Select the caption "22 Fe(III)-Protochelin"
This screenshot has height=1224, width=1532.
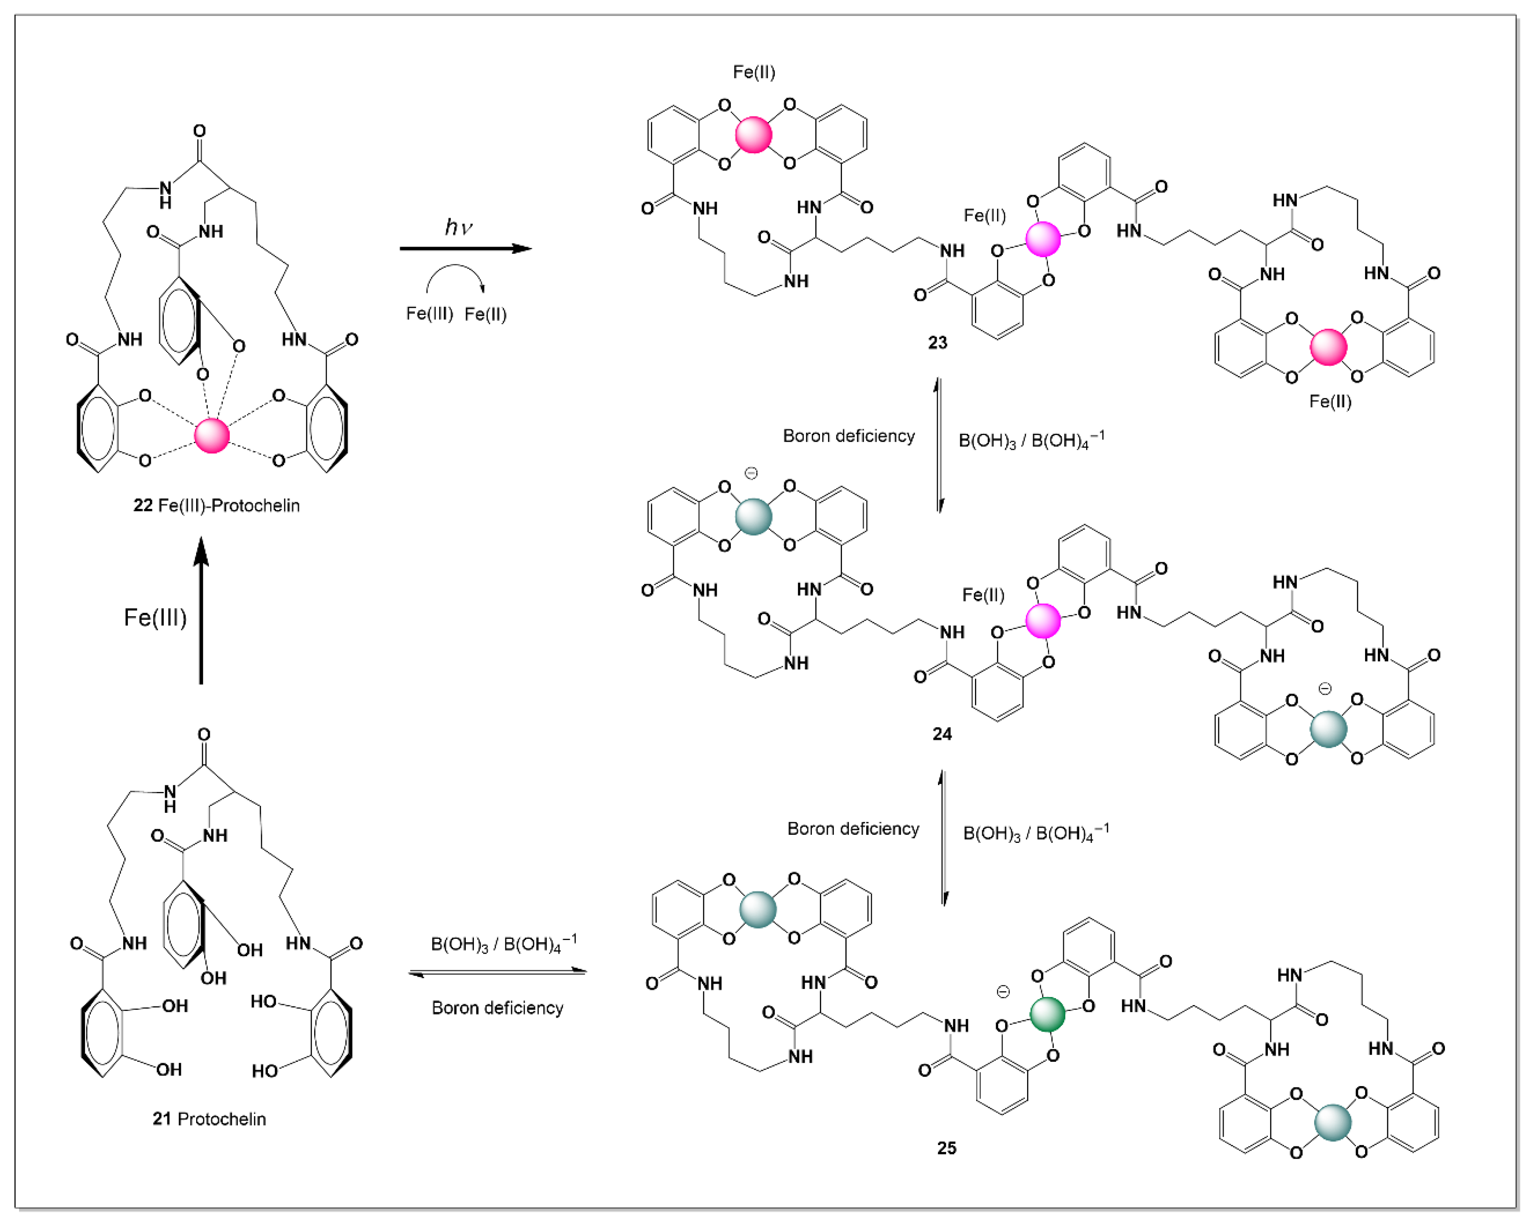[x=216, y=505]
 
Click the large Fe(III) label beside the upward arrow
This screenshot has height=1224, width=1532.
[x=155, y=618]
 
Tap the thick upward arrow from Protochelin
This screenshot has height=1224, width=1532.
[x=201, y=610]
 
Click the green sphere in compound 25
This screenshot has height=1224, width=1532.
[x=1048, y=1014]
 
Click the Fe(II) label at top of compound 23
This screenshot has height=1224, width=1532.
[x=754, y=72]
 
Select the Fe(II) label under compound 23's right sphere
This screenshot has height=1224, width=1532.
[x=1330, y=401]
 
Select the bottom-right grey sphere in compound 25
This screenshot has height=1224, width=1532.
[x=1332, y=1123]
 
